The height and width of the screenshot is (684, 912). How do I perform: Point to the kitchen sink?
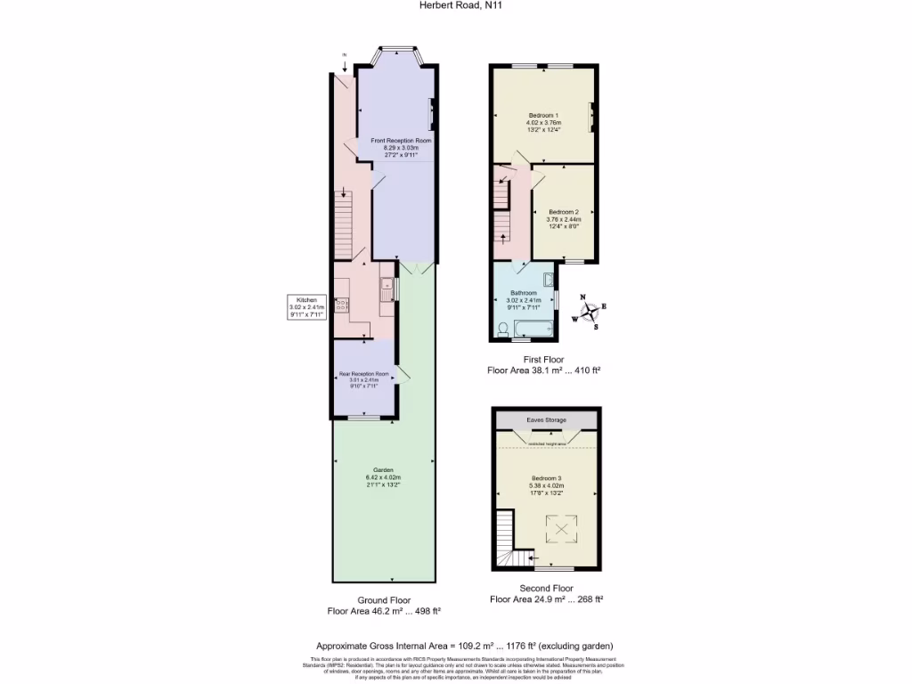coord(387,287)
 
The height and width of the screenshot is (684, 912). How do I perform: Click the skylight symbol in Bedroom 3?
coord(561,530)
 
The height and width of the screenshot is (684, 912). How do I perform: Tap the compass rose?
coord(590,312)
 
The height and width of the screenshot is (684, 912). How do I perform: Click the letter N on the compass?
coord(583,297)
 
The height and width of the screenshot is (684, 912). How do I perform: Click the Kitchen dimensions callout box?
coord(306,306)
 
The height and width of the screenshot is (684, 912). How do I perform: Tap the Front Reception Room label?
coord(395,147)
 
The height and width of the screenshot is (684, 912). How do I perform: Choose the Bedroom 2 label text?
coord(564,218)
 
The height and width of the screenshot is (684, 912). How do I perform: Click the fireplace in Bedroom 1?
coord(590,117)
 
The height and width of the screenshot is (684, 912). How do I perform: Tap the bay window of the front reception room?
coord(396,53)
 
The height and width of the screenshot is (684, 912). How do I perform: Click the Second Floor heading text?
coord(546,588)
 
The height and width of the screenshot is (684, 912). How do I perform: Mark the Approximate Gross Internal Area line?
coord(465,646)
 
